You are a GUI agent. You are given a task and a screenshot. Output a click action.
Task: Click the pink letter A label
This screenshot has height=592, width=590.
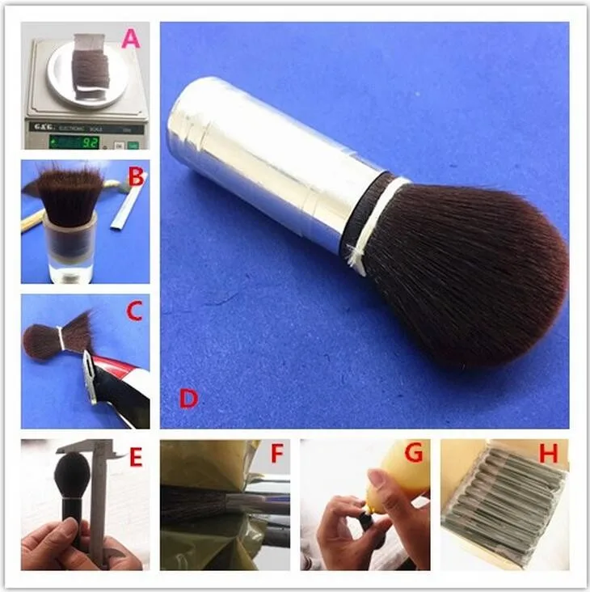coord(130,38)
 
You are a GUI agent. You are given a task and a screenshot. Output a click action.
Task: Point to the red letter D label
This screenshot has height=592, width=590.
coord(188,398)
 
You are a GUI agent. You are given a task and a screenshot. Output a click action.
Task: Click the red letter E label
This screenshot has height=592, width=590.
coord(135,458)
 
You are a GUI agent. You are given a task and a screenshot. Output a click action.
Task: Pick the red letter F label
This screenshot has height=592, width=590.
coord(276,455)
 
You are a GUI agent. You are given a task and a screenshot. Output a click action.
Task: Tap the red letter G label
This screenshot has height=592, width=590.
coord(413,454)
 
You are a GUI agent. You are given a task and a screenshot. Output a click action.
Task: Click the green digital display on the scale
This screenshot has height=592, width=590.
coord(74,142)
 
